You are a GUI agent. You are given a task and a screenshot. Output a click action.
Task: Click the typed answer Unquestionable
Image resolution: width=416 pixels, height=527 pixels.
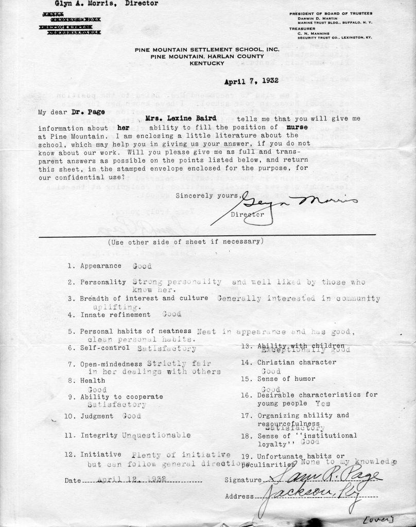click(x=156, y=435)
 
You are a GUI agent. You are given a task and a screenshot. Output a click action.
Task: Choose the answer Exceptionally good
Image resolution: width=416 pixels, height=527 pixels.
click(x=299, y=350)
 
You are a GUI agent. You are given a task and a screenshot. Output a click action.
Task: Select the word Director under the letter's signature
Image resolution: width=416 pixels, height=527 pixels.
click(x=248, y=215)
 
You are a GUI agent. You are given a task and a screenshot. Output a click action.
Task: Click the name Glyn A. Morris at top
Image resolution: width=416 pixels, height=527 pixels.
click(x=85, y=4)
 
